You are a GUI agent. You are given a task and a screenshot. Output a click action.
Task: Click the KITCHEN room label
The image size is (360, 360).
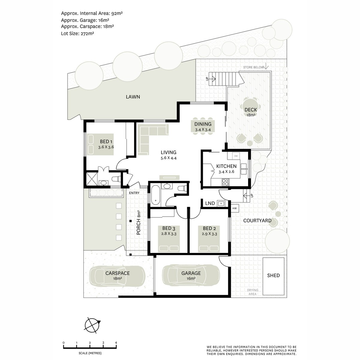point(226,166)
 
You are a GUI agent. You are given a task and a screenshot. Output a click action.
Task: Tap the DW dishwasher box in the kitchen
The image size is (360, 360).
point(236,156)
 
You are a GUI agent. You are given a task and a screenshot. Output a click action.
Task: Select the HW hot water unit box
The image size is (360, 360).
point(235,208)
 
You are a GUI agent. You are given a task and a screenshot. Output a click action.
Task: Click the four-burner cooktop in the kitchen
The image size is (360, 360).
point(225,182)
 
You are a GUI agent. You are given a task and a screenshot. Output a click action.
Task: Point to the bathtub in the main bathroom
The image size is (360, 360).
point(155,196)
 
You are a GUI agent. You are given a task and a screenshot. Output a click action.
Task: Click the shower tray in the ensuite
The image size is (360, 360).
point(92,179)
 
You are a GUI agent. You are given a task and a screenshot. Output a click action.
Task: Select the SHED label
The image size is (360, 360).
point(273,276)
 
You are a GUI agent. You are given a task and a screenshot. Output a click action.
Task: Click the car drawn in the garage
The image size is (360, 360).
point(191,275)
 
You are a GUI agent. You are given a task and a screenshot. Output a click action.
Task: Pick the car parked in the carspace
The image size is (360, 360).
point(118,276)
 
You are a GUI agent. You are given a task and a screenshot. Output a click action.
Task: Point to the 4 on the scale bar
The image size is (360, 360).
point(116,343)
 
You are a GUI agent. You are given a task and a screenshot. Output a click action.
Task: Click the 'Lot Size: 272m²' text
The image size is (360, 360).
point(77,33)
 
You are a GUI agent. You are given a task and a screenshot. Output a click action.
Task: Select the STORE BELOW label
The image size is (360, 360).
point(253,67)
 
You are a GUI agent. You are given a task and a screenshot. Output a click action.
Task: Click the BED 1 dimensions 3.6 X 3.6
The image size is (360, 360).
point(106,147)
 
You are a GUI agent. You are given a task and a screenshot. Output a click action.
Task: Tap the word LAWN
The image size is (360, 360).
point(133,97)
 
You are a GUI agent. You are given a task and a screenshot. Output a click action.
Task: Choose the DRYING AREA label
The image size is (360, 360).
point(253,292)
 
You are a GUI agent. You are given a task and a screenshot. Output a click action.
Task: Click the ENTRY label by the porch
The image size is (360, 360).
point(134,193)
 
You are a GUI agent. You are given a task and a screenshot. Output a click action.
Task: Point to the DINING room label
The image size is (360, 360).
point(203,124)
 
